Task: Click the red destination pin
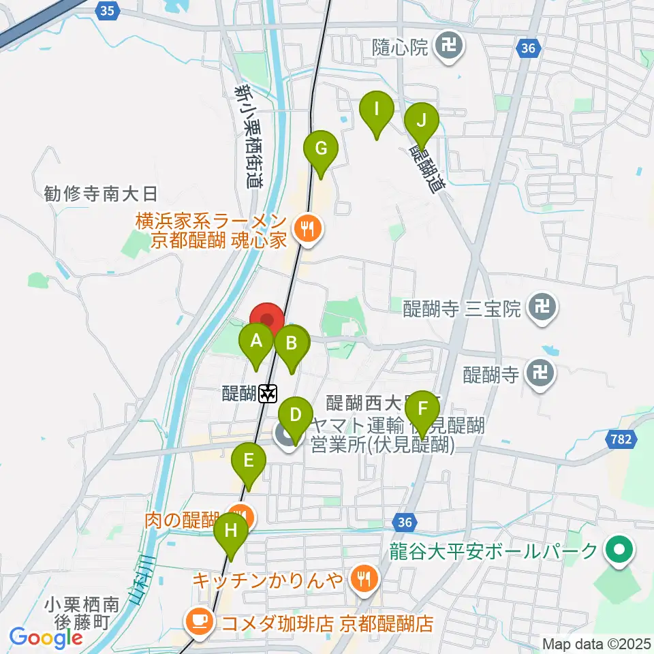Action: coord(268,322)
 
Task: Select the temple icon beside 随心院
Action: coord(449,46)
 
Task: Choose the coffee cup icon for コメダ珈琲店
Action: coord(198,621)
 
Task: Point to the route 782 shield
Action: coord(620,441)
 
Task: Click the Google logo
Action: coord(46,637)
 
